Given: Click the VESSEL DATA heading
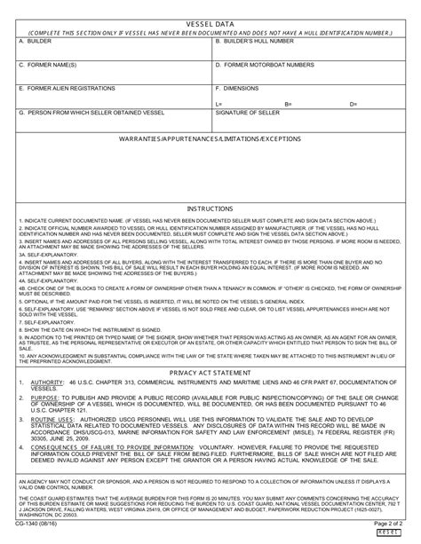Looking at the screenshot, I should click(x=210, y=20).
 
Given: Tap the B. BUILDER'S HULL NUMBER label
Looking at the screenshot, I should click(x=255, y=40).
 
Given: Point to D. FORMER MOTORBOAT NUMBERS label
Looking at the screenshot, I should click(x=265, y=65).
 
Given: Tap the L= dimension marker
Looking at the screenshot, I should click(x=218, y=104).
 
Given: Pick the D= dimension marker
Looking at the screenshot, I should click(x=353, y=104).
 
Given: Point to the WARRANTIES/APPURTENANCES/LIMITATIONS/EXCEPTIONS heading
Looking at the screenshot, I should click(x=210, y=140).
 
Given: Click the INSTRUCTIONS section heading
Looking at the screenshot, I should click(x=210, y=208).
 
